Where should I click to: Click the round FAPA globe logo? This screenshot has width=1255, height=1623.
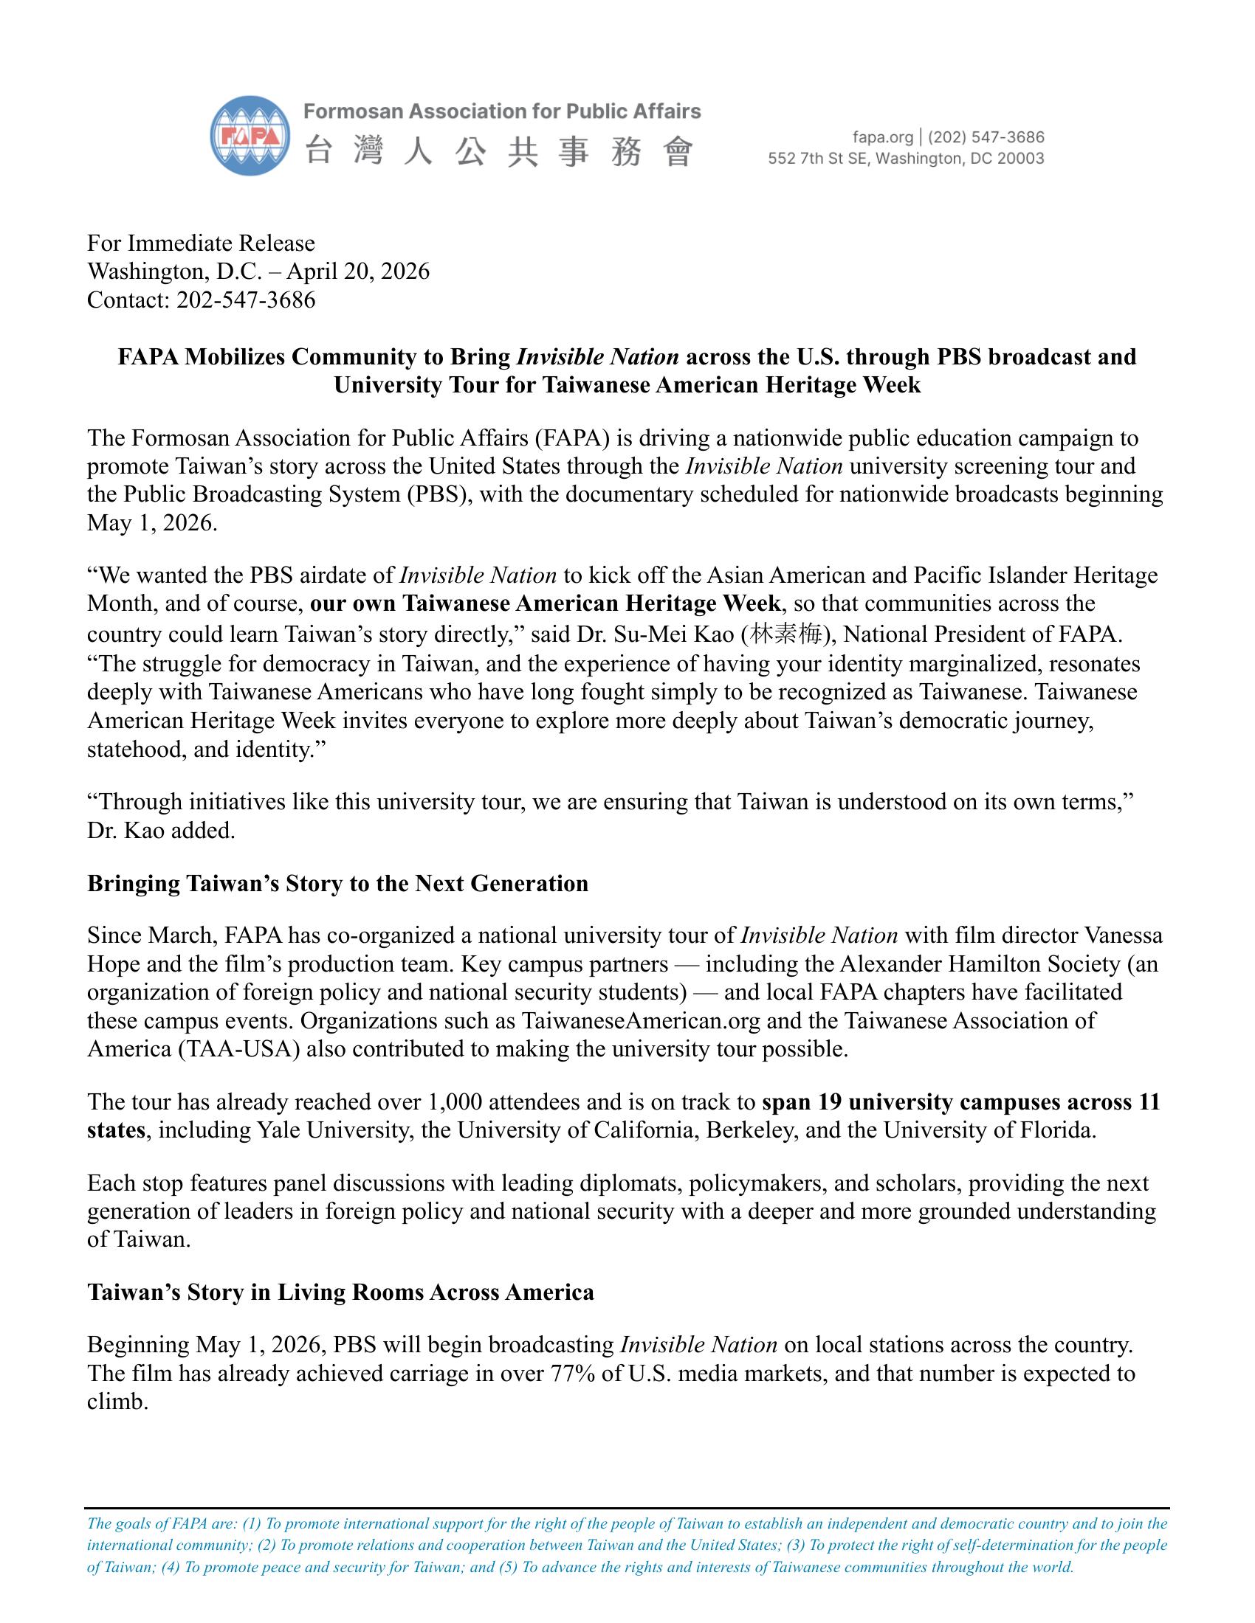coord(250,136)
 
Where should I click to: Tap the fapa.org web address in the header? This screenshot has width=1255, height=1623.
coord(882,137)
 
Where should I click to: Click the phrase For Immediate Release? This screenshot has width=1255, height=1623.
coord(201,243)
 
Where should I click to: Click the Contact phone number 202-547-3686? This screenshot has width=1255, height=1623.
coord(245,300)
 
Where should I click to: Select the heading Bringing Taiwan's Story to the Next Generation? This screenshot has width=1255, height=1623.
coord(337,883)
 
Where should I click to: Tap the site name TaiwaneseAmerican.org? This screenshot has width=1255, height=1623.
coord(641,1020)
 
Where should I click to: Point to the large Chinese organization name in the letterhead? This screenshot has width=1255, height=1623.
coord(498,153)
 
